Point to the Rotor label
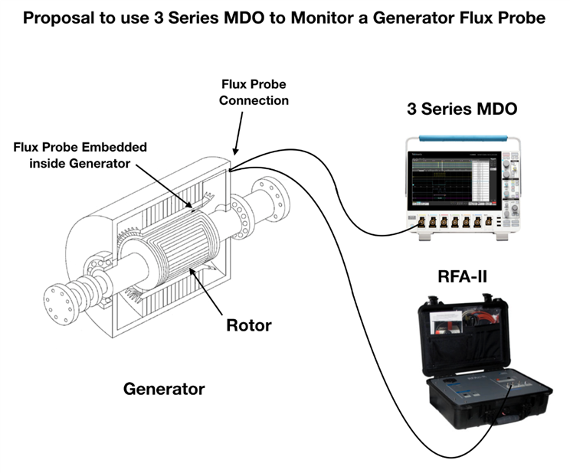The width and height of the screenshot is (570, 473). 248,325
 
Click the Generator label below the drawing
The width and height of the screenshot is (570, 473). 164,389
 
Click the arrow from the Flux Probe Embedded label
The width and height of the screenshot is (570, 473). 168,183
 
